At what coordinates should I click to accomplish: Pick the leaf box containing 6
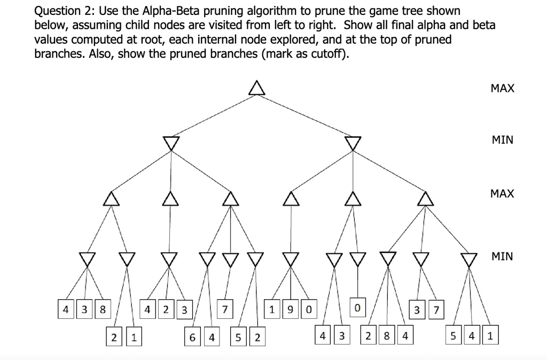coord(192,338)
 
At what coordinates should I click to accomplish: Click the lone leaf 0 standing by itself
coord(357,309)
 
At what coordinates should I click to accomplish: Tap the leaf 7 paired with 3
coord(436,309)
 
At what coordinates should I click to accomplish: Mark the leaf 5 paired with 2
coord(238,338)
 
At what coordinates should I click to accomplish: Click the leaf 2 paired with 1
coord(114,338)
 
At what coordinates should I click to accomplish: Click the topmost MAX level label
coord(502,89)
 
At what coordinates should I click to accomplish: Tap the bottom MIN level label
coord(502,256)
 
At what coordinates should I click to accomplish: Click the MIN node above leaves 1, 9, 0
coord(290,259)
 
